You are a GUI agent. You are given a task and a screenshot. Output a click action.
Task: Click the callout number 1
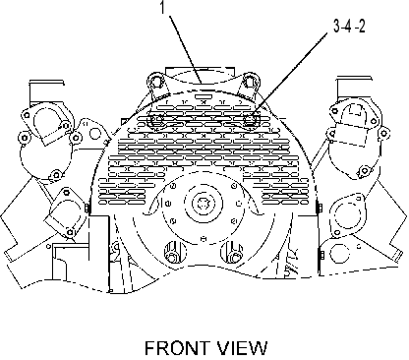point(162,7)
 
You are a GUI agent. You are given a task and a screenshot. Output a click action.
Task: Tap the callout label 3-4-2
point(349,27)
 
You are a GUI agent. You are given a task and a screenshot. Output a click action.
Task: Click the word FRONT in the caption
point(177,348)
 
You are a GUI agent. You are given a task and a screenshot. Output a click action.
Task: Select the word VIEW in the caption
point(241,348)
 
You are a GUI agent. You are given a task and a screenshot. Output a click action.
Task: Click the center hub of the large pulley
point(203,204)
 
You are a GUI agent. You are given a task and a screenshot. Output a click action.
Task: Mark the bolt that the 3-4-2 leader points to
point(251,119)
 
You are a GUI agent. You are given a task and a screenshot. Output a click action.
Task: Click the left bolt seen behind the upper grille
point(156,119)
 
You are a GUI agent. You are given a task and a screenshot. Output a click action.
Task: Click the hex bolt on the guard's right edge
point(319,208)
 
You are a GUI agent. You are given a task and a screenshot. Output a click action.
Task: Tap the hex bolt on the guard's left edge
point(87,209)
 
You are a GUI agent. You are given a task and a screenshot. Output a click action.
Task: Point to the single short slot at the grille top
point(203,96)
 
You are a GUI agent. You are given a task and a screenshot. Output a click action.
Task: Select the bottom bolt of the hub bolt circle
point(204,239)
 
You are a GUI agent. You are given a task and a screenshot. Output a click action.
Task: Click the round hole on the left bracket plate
point(95,134)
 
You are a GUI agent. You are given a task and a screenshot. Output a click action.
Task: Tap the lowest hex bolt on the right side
point(321,255)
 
